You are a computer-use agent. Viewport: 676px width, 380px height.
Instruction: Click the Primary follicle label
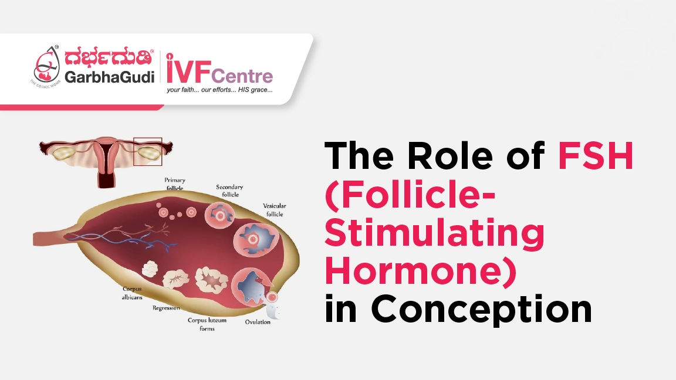[174, 184]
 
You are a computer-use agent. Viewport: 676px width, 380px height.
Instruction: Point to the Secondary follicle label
[229, 191]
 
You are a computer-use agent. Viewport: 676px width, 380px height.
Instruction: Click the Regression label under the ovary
[166, 308]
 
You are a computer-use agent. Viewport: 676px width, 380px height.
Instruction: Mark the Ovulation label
[258, 321]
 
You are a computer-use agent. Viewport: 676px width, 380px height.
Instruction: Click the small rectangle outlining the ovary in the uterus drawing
[147, 152]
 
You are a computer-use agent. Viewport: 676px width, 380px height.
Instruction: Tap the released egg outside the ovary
[272, 305]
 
